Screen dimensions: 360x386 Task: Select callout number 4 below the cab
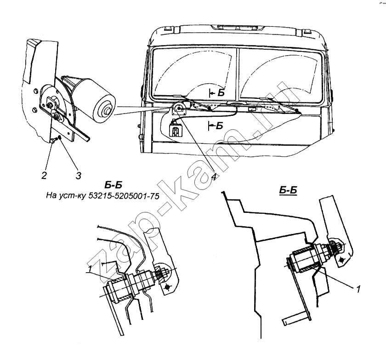click(213, 177)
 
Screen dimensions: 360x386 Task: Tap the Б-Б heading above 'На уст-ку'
click(101, 186)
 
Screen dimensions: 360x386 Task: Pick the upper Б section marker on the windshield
click(219, 92)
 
